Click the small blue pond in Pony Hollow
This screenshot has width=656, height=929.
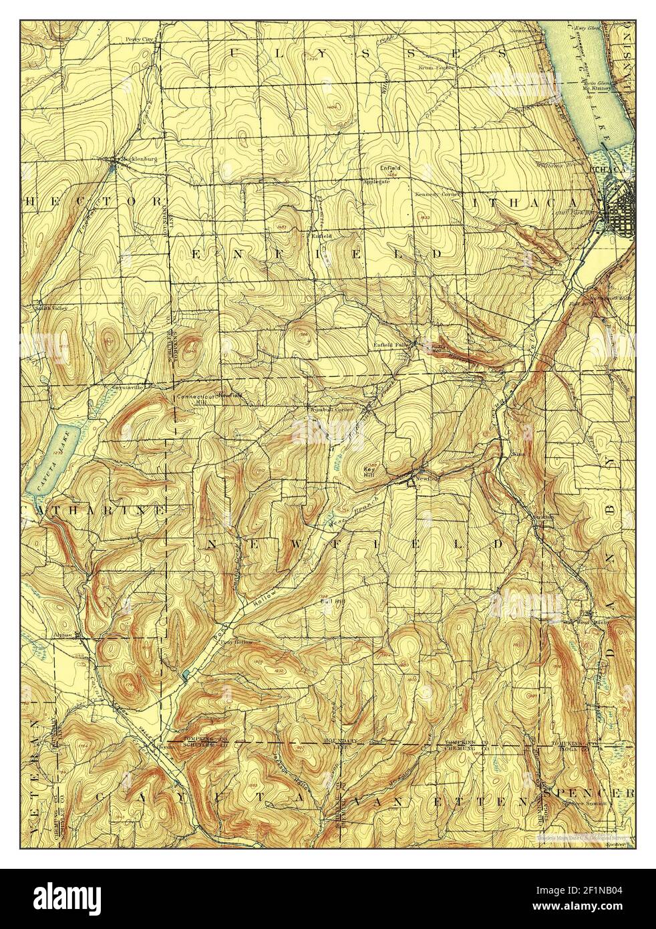click(185, 677)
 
